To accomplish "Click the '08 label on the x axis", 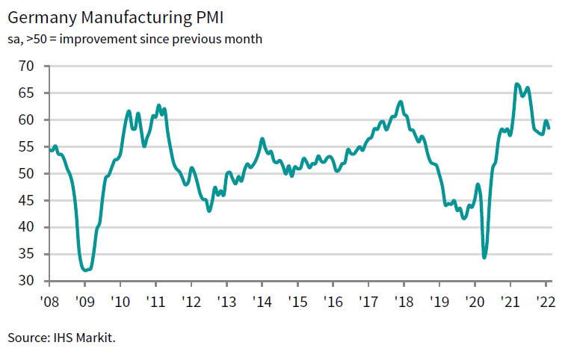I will [49, 303].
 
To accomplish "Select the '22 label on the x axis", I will [545, 303].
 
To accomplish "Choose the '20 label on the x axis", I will [474, 303].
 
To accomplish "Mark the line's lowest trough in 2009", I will [84, 270].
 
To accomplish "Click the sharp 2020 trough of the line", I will [484, 258].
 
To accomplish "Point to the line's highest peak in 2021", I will [516, 84].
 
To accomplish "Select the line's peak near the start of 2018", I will [401, 102].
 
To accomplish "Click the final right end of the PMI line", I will [549, 128].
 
